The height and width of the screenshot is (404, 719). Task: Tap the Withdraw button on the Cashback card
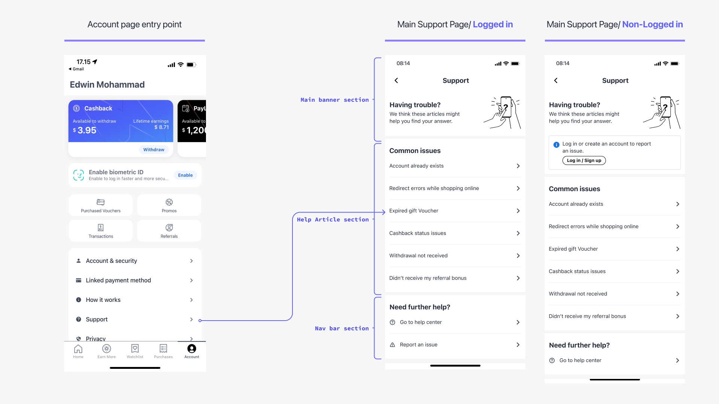[x=154, y=150]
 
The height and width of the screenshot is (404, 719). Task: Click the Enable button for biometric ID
[x=185, y=175]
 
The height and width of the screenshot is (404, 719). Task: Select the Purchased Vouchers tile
[x=101, y=205]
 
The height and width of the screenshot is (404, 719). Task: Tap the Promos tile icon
[x=169, y=202]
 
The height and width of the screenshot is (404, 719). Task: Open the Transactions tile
[x=101, y=231]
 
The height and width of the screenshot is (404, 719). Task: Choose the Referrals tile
[x=169, y=231]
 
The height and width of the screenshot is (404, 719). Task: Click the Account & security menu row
[x=135, y=261]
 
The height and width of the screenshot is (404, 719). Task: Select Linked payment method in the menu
[x=135, y=280]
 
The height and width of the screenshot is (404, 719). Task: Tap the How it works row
[x=135, y=300]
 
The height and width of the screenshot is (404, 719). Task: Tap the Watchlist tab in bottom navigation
[x=135, y=351]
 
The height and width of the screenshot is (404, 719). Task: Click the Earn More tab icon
[x=107, y=349]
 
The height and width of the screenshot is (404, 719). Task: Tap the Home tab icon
[x=78, y=349]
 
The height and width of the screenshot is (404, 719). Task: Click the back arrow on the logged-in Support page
[x=396, y=80]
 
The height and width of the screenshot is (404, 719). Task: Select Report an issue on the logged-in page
[x=455, y=345]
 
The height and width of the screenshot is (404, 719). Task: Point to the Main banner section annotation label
[x=334, y=100]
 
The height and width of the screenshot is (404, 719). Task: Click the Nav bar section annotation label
[x=342, y=328]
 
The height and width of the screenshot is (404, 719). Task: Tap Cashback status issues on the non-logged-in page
[x=614, y=271]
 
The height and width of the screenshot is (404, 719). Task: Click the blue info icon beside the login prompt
[x=556, y=144]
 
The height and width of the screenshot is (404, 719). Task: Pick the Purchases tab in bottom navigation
[x=163, y=351]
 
